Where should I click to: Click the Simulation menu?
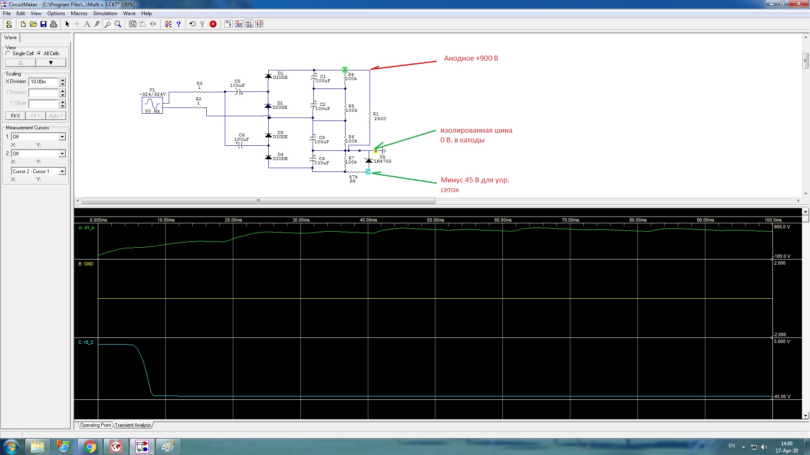tap(105, 13)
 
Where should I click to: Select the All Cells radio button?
tap(39, 54)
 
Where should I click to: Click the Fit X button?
tap(15, 116)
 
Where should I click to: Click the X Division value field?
tap(43, 82)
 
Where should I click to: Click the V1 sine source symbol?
tap(152, 104)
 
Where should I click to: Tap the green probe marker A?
tap(345, 70)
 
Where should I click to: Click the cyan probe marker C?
tap(368, 171)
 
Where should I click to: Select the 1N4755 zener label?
tap(383, 161)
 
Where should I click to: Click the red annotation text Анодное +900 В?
tap(471, 59)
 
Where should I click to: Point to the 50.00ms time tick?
tap(435, 220)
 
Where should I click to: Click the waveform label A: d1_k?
tap(86, 227)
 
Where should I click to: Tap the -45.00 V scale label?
tap(782, 396)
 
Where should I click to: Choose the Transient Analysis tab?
tap(133, 425)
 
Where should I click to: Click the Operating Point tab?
tap(96, 425)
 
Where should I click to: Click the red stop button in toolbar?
tap(213, 24)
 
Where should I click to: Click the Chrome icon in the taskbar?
tap(89, 447)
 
